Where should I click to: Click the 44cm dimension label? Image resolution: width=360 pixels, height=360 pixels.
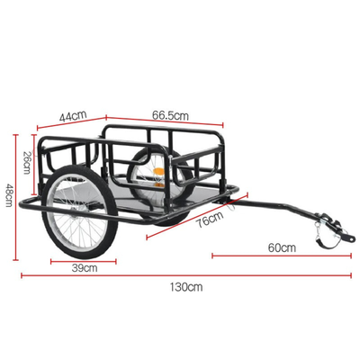pyautogui.click(x=72, y=116)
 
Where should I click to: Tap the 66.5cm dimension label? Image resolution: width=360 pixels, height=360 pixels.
pyautogui.click(x=170, y=116)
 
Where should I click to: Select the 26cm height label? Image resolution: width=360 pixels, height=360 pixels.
pyautogui.click(x=27, y=160)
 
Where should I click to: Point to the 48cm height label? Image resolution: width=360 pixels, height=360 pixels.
pyautogui.click(x=8, y=194)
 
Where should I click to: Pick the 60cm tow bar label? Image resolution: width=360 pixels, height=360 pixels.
pyautogui.click(x=281, y=247)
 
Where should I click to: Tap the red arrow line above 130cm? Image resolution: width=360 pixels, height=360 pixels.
pyautogui.click(x=184, y=275)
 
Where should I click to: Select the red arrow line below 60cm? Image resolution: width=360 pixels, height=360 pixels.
pyautogui.click(x=281, y=256)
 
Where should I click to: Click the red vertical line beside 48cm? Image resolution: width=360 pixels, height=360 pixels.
pyautogui.click(x=15, y=195)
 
